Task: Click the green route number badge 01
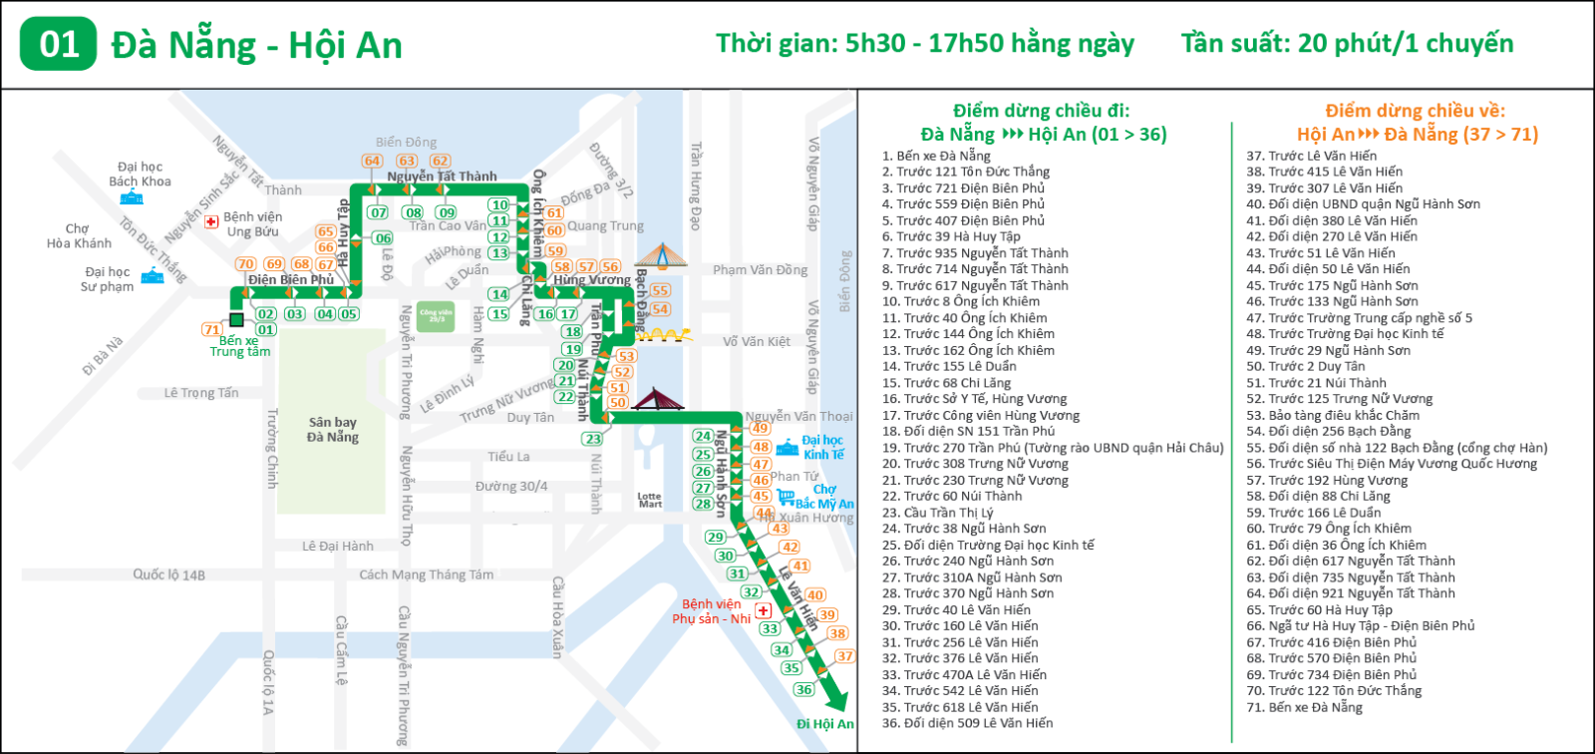coord(59,44)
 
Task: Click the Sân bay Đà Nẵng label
coord(333,430)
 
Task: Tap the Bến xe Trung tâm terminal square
coord(236,320)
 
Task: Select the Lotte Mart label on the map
coord(650,500)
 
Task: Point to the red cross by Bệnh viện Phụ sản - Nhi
coord(764,610)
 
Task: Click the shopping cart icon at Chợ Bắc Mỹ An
coord(787,498)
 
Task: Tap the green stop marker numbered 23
coord(593,439)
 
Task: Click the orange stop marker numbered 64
coord(372,161)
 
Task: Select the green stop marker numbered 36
coord(803,689)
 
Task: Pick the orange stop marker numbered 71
coord(211,329)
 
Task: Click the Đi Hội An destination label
coord(824,724)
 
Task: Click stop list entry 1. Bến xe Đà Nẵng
coord(936,156)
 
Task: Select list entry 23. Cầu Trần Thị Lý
coord(937,513)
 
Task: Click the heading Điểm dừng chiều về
coord(1415,111)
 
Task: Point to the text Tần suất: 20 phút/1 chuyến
coord(1347,44)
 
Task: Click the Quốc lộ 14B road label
coord(169,574)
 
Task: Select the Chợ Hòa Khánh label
coord(79,235)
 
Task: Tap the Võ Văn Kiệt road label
coord(756,341)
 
